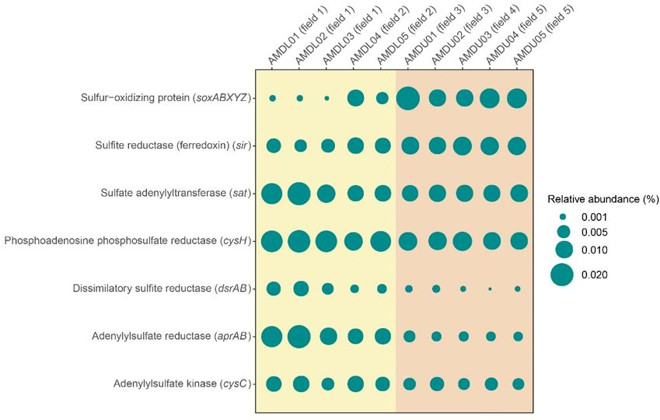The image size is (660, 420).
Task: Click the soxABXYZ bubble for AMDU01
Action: coord(409,98)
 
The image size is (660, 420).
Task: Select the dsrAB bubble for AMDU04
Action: coord(491,289)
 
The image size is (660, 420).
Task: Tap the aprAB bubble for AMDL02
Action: coord(299,336)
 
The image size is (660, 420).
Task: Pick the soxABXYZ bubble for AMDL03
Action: coord(327,98)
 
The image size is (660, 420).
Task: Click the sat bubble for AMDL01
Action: coord(272,194)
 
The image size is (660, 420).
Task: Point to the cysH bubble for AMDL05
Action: coord(382,241)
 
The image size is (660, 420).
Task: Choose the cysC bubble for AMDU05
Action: coord(518,383)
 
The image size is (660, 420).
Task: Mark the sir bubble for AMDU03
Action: coord(463,145)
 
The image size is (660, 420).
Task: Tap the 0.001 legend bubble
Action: coord(563,217)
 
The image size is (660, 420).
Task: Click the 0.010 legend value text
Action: coord(599,250)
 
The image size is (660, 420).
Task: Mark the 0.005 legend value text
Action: coord(599,232)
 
